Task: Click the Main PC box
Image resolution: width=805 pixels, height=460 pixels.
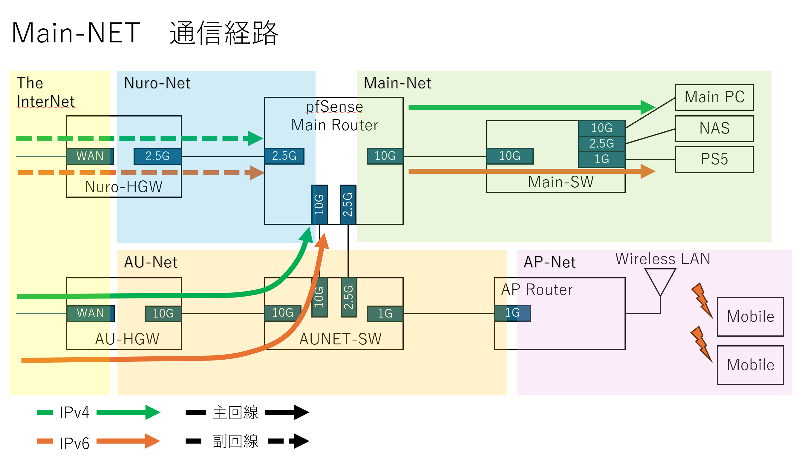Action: click(714, 97)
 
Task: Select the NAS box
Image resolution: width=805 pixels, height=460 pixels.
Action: click(714, 128)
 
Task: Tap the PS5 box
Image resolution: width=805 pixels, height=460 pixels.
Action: click(714, 159)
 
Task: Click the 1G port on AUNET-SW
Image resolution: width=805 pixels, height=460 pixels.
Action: click(385, 313)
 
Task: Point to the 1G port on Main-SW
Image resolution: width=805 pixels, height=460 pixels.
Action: click(602, 159)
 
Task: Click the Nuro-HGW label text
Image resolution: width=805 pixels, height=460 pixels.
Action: click(124, 187)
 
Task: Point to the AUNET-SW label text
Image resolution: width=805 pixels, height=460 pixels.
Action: click(340, 339)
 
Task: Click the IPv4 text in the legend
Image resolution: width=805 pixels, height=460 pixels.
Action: click(74, 412)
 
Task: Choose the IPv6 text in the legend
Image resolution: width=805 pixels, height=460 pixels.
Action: click(74, 443)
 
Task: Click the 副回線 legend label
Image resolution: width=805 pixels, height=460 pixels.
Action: click(235, 441)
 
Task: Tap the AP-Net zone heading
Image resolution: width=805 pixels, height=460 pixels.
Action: click(549, 262)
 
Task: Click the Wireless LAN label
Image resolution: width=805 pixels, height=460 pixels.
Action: click(662, 259)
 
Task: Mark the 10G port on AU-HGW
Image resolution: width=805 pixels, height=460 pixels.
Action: click(163, 313)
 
